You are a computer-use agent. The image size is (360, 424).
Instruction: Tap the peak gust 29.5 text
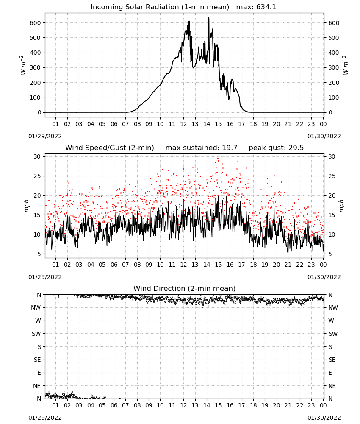pos(276,148)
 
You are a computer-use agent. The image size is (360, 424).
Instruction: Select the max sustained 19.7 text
pos(201,148)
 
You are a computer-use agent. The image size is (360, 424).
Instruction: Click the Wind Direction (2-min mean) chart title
pos(185,288)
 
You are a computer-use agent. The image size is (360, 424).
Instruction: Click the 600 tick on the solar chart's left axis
pos(35,23)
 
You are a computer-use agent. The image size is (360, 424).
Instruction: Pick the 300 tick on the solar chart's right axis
pos(334,67)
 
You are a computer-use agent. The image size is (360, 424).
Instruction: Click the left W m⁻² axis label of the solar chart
pos(23,65)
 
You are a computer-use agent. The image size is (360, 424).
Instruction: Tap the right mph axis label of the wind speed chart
pos(341,206)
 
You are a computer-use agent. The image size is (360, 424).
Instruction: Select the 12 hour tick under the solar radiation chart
pos(183,124)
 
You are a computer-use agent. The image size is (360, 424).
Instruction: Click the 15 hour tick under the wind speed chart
pos(218,265)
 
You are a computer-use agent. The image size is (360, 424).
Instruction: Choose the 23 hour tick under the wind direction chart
pos(311,405)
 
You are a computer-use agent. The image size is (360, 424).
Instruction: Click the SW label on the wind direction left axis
pos(36,334)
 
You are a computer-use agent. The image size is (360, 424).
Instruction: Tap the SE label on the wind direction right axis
pos(332,360)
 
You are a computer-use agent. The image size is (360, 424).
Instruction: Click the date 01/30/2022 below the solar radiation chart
pos(324,136)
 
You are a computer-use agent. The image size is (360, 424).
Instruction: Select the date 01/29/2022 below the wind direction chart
pos(45,418)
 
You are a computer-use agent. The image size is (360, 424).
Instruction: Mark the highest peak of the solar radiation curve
pos(208,18)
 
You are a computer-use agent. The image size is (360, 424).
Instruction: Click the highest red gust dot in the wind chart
pos(218,158)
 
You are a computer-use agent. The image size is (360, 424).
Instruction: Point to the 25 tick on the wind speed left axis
pos(37,176)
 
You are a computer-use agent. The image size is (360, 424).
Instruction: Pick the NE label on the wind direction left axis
pos(37,386)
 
